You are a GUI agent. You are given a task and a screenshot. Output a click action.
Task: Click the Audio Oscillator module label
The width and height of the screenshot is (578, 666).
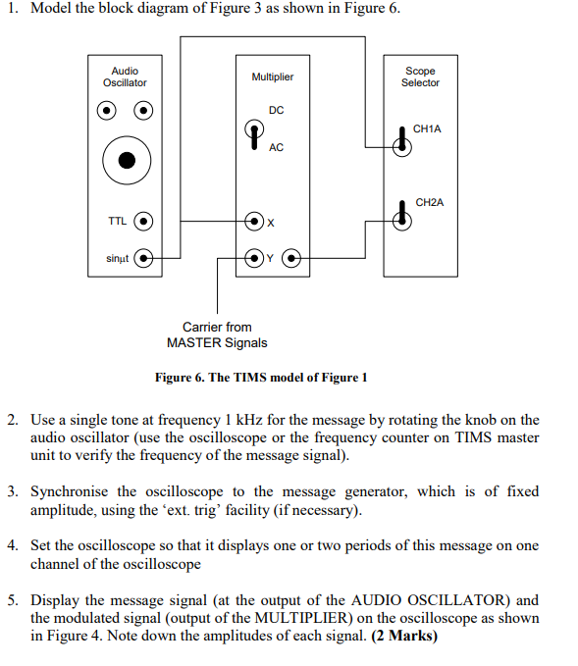[x=125, y=77]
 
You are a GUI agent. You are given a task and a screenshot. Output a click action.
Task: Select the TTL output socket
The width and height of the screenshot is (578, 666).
[x=144, y=221]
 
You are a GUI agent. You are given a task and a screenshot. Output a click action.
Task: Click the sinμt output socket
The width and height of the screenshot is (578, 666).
[x=144, y=259]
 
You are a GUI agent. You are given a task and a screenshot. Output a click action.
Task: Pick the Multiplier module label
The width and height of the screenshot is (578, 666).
[x=272, y=77]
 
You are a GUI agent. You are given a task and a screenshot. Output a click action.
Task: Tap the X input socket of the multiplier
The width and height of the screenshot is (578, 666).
[x=253, y=221]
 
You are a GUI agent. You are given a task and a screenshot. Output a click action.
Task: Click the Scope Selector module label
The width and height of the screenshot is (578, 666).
[x=420, y=77]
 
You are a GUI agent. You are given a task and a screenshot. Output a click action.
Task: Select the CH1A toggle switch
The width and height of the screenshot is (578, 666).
[x=400, y=140]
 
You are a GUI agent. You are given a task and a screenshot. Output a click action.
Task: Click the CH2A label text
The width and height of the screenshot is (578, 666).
[x=430, y=202]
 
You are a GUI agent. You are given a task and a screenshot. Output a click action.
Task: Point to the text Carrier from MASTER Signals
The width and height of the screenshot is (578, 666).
[x=216, y=334]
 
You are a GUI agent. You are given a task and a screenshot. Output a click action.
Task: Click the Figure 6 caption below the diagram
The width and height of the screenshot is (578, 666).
[x=261, y=378]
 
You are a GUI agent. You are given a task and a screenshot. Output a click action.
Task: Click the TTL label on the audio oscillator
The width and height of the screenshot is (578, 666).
[x=117, y=221]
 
